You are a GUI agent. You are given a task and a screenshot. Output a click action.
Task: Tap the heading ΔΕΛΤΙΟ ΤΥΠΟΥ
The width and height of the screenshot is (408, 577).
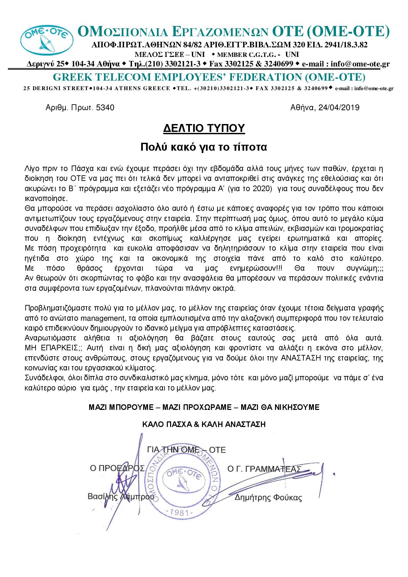point(204,128)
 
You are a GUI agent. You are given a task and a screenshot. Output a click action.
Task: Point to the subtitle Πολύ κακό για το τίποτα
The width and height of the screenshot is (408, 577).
point(204,147)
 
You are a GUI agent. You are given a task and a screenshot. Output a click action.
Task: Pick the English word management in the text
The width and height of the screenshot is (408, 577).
point(100,318)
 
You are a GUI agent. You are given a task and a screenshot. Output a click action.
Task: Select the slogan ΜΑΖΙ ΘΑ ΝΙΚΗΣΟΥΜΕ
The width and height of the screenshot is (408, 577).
point(280,407)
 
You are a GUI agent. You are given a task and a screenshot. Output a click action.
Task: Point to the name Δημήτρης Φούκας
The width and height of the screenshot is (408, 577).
point(268,498)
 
